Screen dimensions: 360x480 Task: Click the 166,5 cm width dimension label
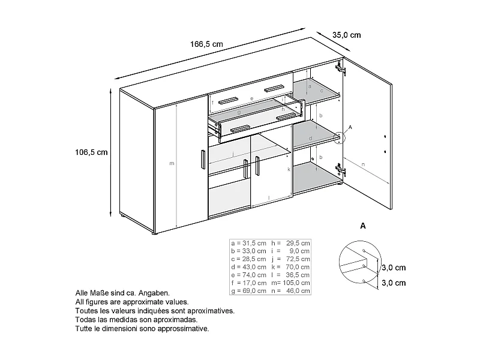(x=206, y=44)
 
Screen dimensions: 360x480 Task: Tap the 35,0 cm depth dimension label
(x=347, y=35)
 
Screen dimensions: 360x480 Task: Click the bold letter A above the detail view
(x=362, y=226)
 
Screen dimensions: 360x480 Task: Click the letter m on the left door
(x=172, y=163)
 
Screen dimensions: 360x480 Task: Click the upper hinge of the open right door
(x=341, y=67)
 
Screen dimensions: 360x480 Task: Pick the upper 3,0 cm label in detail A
(x=394, y=268)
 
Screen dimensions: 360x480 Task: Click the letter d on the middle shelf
(x=310, y=139)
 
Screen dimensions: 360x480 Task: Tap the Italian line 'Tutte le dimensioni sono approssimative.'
(x=142, y=329)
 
